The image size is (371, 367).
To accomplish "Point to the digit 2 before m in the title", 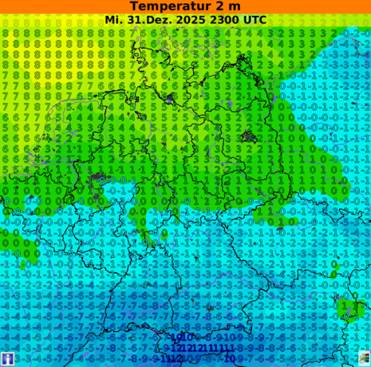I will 221,6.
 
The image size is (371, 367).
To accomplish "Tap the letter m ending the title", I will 235,6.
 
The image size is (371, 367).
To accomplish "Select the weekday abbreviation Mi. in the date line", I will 114,19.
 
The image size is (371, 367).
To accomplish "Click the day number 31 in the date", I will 135,19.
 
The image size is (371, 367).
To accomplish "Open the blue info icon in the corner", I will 7,359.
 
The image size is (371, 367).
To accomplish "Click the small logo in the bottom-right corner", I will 364,359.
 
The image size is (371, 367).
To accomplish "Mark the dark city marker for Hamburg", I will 171,98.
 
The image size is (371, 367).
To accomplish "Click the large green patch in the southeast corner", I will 348,308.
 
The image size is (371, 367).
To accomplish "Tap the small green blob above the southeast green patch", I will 335,266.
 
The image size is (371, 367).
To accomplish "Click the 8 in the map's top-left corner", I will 6,34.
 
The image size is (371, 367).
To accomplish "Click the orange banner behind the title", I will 48,6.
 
